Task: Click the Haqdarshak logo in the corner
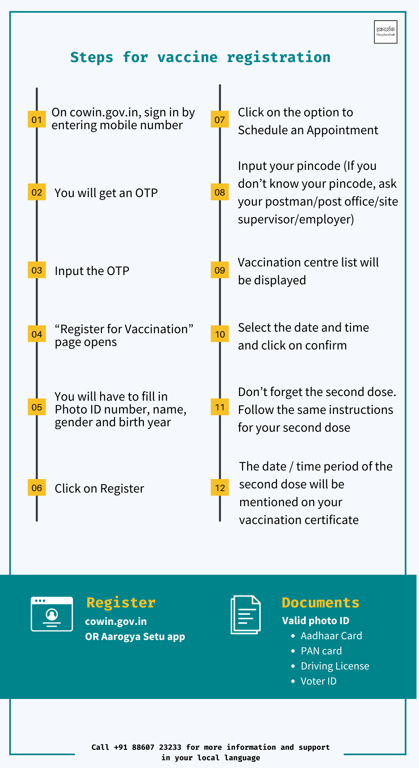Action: click(x=385, y=32)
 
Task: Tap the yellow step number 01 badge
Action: click(x=37, y=119)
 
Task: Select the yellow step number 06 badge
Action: click(x=37, y=488)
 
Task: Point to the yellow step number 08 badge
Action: click(x=220, y=192)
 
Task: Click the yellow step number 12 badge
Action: click(x=220, y=488)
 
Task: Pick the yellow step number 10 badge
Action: click(x=220, y=334)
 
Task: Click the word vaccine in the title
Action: click(x=187, y=57)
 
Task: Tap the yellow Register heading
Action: click(x=121, y=602)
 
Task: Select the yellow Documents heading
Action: click(x=320, y=602)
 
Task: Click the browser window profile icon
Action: click(x=52, y=614)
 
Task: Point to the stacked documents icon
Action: click(x=246, y=615)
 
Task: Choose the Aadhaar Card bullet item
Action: click(x=331, y=636)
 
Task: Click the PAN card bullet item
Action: click(x=321, y=651)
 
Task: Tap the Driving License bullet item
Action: click(x=335, y=666)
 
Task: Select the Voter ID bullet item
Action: click(x=319, y=681)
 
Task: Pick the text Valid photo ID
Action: click(x=315, y=621)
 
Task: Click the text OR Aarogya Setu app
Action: click(x=135, y=637)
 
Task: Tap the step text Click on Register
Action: click(x=99, y=488)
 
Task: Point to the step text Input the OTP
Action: click(x=92, y=271)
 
